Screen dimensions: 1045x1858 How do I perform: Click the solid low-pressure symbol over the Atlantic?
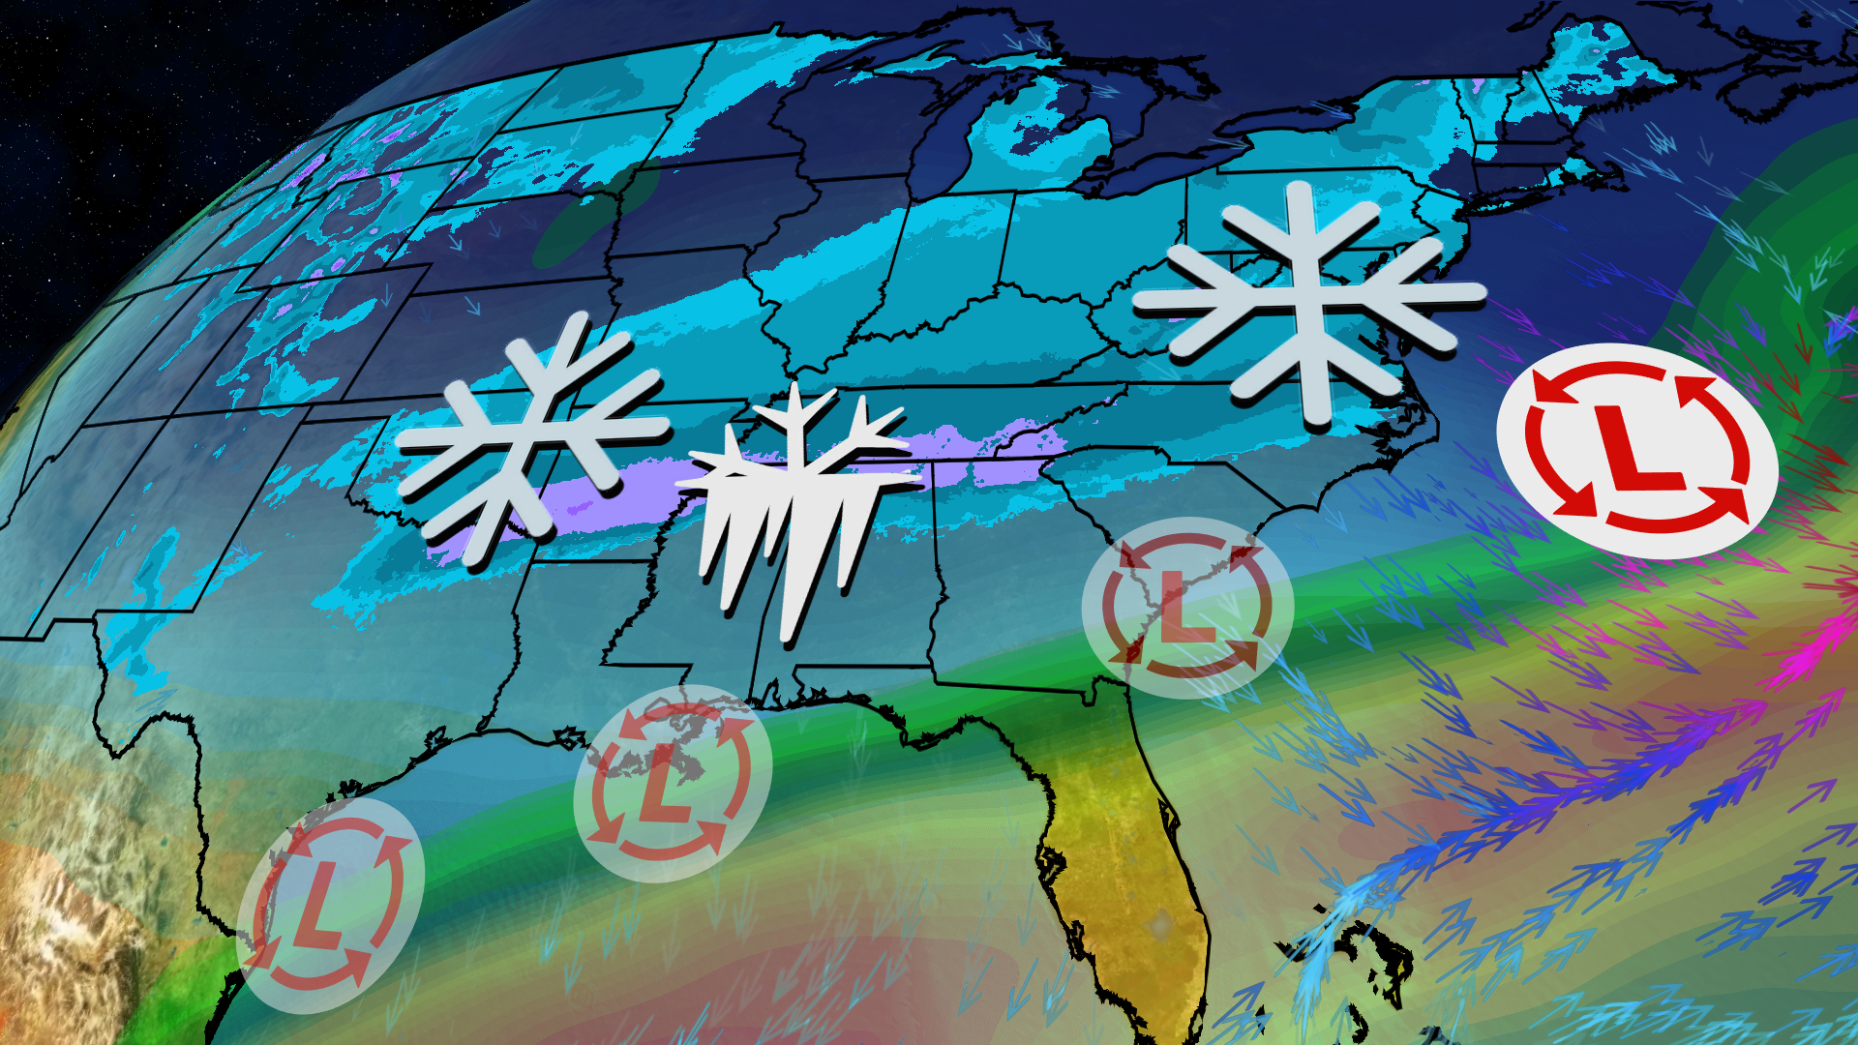pos(1637,451)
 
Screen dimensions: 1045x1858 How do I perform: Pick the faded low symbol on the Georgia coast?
pos(1187,608)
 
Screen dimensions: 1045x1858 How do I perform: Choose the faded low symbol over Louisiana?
pos(673,783)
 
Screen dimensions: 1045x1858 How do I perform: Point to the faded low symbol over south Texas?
pos(330,905)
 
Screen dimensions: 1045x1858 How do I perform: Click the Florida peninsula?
pos(1132,851)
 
